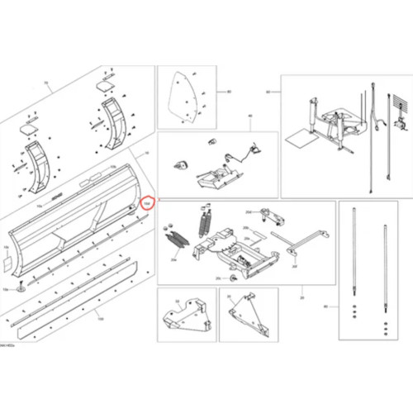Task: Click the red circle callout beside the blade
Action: pos(147,202)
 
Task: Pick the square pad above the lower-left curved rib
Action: pos(29,127)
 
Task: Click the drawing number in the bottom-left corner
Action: pos(10,344)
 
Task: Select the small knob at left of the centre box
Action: pos(175,165)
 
